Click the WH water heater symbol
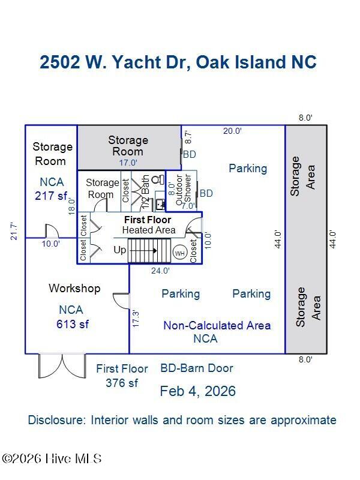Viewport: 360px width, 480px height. [179, 253]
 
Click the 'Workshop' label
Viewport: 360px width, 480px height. [74, 289]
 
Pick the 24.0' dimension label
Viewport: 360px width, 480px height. [160, 271]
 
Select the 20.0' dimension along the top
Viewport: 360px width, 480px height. [232, 131]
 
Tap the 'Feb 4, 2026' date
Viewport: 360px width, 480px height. [197, 391]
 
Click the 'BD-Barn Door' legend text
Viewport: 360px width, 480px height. [196, 368]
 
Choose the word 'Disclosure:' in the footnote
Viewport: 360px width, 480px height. [57, 420]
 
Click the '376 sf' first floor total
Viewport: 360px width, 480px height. [122, 383]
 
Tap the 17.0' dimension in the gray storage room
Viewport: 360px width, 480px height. [128, 163]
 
